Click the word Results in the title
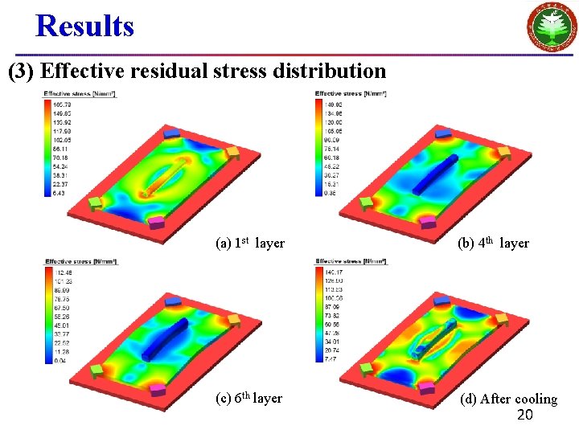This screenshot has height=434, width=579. point(84,26)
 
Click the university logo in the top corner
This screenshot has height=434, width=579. point(551,27)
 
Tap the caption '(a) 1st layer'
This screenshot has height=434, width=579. point(250,243)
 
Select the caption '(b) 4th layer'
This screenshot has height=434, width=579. point(493,243)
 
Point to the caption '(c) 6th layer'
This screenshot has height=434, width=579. point(248,399)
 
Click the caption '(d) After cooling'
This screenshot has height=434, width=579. point(508,399)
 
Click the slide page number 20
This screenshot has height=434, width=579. point(525,415)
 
